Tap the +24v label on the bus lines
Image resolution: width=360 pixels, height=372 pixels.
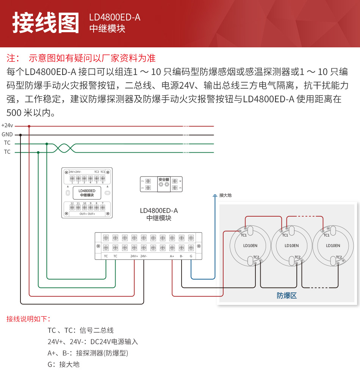pos(7,125)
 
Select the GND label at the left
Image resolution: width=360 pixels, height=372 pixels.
pos(7,134)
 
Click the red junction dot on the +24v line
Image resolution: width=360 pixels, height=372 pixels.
pos(29,126)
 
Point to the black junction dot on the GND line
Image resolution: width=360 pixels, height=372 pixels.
pos(20,135)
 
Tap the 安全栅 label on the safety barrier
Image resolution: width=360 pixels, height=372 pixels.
pos(164,180)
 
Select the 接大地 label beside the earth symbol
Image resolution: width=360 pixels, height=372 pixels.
pos(225,195)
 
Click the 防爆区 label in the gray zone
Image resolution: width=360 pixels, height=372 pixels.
pos(286,295)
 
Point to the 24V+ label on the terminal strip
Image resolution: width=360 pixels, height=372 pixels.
pos(134,256)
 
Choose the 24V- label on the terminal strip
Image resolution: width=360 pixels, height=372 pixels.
pos(144,256)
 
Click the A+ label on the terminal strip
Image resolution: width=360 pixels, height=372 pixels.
pos(172,256)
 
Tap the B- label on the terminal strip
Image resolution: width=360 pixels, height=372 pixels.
pos(182,256)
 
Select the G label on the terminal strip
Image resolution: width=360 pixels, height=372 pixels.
pos(191,256)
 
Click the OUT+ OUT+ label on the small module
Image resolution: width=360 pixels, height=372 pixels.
pos(87,214)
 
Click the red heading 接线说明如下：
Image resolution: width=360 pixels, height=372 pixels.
pos(28,319)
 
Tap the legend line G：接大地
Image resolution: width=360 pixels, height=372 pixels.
pos(64,364)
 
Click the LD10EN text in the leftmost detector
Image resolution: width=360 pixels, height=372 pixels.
pos(250,245)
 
